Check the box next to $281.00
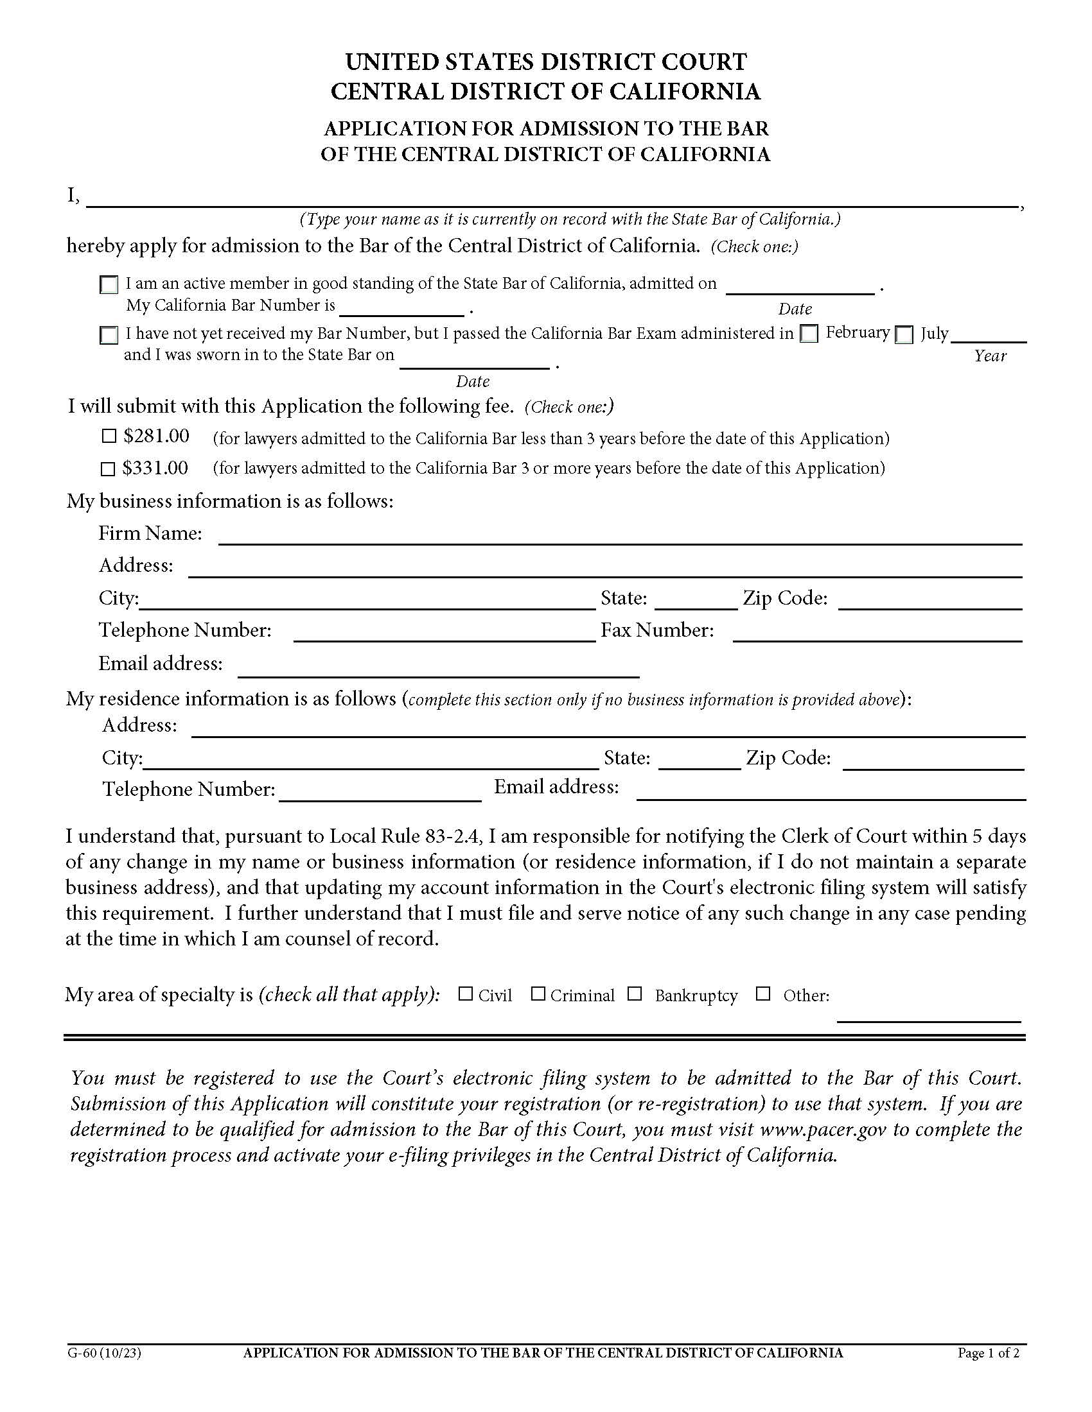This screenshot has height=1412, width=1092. [x=109, y=436]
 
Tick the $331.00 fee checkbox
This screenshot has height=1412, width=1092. [x=108, y=469]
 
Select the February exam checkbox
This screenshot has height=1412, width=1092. [x=809, y=334]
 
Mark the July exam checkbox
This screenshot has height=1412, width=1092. [x=904, y=334]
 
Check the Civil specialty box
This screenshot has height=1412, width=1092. [x=465, y=994]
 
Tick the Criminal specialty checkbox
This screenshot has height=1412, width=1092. [x=538, y=994]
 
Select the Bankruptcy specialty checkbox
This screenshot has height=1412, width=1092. [x=635, y=994]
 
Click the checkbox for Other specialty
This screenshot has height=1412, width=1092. [x=763, y=994]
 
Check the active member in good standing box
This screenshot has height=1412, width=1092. [x=109, y=284]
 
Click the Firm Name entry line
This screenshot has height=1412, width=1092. [x=620, y=536]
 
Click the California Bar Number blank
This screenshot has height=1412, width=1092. [x=401, y=307]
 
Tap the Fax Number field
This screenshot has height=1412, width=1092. [x=877, y=633]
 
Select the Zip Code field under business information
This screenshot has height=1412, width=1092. [x=929, y=601]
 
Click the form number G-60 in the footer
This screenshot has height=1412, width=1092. [x=103, y=1353]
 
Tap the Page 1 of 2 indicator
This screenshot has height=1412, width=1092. [x=988, y=1353]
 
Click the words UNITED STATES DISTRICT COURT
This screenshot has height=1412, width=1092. [x=545, y=62]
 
